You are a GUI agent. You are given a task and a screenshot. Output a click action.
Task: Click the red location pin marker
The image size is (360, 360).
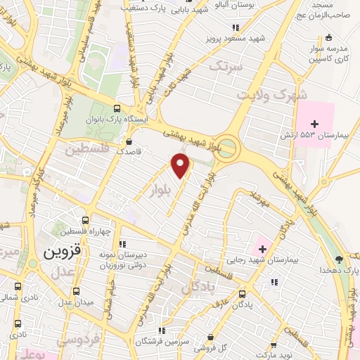coord(181,167)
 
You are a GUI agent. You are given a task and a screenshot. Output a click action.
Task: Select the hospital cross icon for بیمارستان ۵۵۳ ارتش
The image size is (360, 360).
coord(315,124)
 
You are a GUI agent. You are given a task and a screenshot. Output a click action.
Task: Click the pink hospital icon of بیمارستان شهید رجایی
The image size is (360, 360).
coord(263,248)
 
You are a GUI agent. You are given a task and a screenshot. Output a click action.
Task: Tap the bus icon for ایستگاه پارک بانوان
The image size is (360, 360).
coord(117,109)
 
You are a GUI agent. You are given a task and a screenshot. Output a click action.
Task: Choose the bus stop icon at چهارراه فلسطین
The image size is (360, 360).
coord(85,221)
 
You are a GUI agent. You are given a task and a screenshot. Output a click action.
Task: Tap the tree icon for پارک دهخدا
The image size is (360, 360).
coord(338,259)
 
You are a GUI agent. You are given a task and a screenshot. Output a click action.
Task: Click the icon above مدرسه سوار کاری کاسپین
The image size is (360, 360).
coord(328,37)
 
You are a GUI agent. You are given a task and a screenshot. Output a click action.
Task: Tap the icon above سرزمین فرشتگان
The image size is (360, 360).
coord(162,330)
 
